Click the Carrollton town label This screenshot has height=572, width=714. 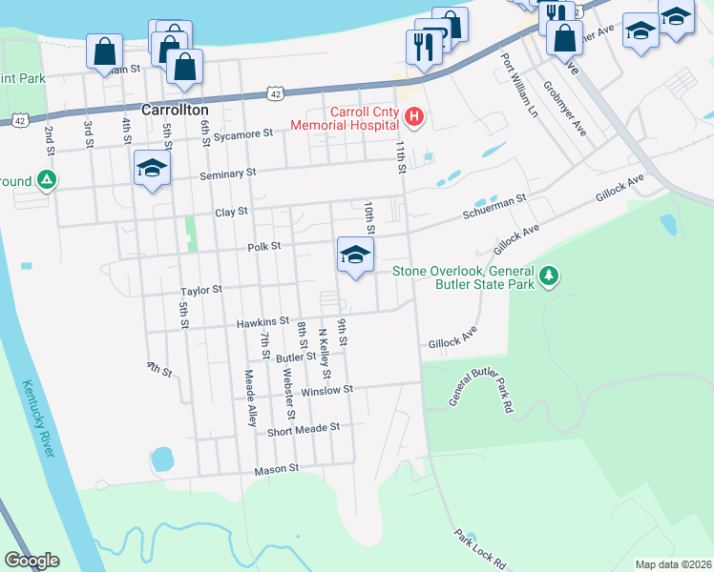coord(175,110)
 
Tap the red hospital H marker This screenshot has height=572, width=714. coord(414,118)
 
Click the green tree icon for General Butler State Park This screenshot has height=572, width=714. coord(548,276)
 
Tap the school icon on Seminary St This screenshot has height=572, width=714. coord(152,169)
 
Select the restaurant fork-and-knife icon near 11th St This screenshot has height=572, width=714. coord(423,47)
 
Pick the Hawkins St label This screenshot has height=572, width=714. coord(263,322)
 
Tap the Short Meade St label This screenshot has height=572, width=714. coord(304,428)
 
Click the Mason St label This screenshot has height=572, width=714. coord(277,469)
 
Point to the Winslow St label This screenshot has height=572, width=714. coord(327,390)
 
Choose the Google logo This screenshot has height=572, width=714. coord(32,561)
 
